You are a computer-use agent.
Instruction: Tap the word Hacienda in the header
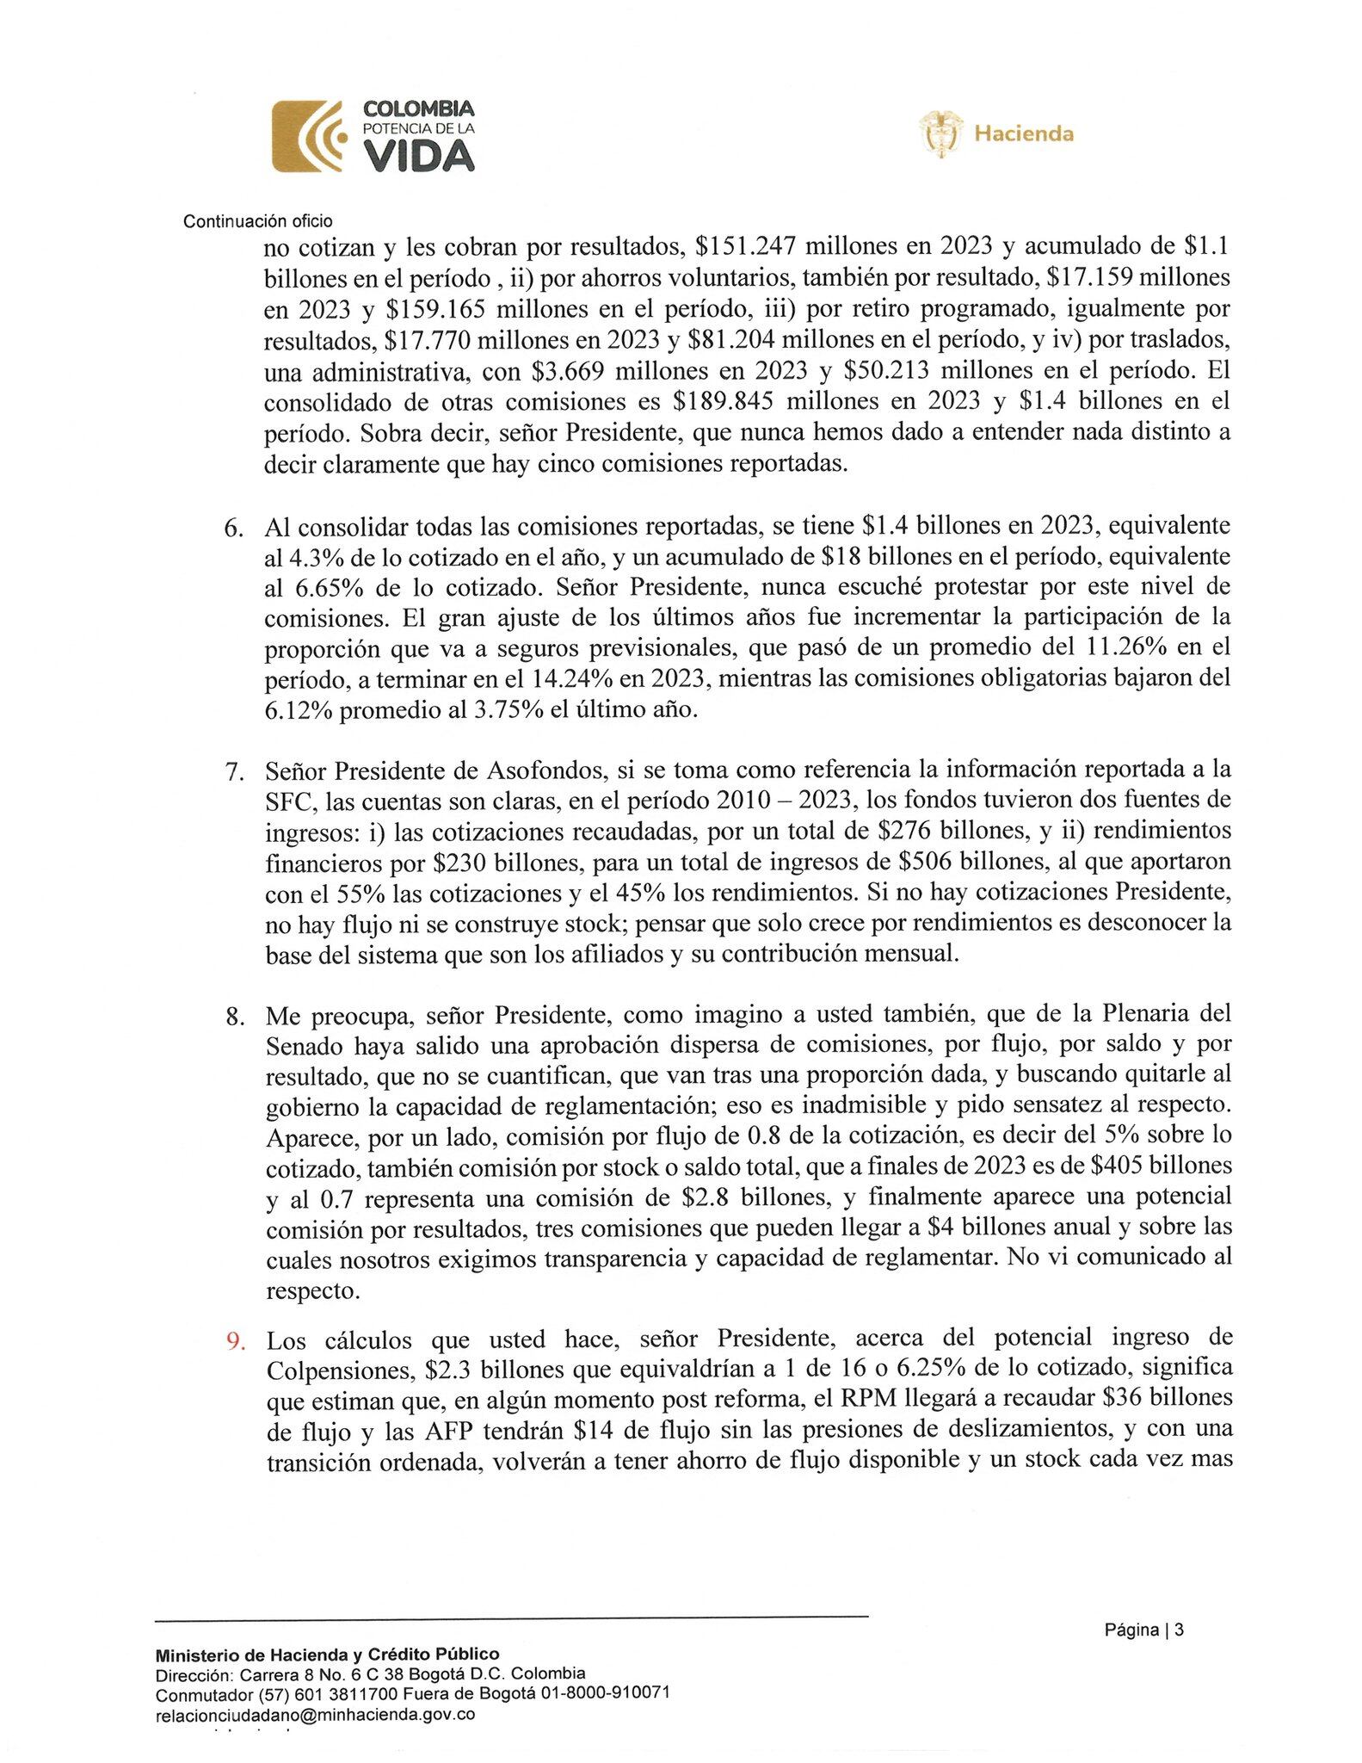tap(1023, 133)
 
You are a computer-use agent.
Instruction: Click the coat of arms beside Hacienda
tap(940, 133)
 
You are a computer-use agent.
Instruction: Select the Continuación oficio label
tap(258, 221)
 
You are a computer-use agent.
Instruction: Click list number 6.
tap(234, 528)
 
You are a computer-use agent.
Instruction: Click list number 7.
tap(234, 770)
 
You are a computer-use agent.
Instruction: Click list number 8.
tap(234, 1016)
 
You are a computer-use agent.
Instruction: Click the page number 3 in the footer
tap(1179, 1630)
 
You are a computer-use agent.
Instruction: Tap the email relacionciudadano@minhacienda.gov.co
tap(315, 1715)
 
